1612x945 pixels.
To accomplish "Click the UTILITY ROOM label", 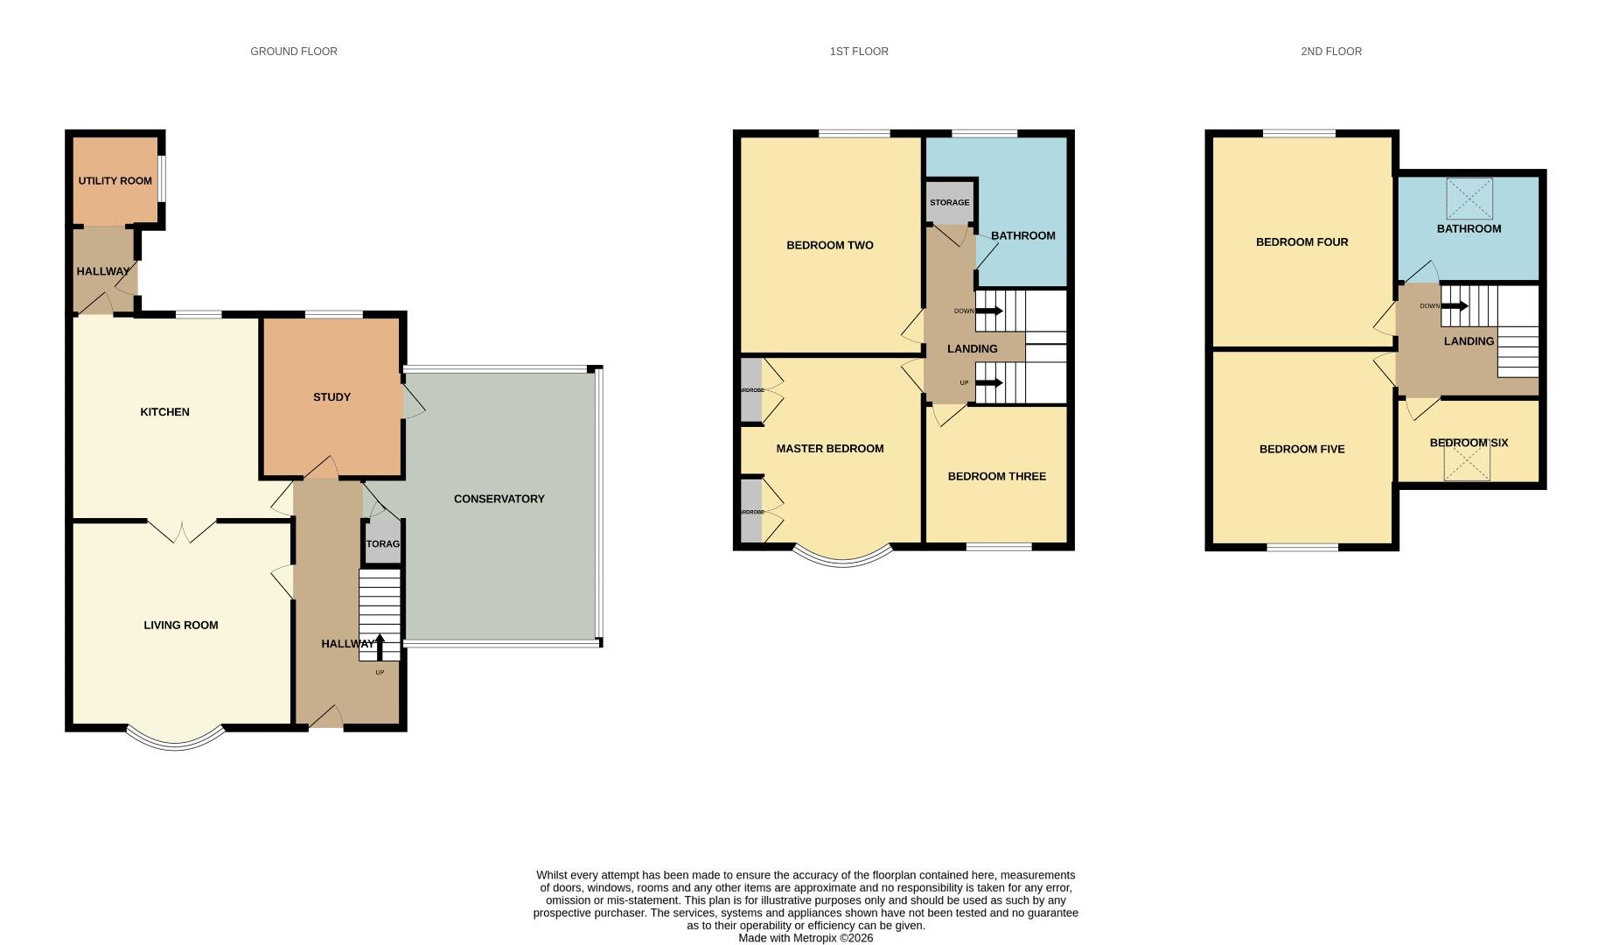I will click(115, 181).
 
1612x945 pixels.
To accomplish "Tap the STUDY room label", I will click(331, 397).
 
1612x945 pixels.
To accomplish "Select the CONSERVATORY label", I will click(499, 499).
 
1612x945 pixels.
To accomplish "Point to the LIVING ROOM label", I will click(180, 625).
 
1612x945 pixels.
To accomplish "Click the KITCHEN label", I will click(164, 412).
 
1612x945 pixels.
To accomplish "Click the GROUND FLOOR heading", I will click(294, 52).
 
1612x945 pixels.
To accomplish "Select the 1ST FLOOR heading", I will click(859, 52).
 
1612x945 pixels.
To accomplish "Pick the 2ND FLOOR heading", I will click(1330, 52).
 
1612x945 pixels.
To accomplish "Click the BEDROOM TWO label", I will click(829, 245).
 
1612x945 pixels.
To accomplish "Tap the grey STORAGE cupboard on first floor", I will click(949, 202).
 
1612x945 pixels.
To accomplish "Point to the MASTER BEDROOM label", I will click(829, 449).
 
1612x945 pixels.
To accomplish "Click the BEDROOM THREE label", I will click(996, 477).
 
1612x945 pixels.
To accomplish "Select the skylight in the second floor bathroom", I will click(1469, 199).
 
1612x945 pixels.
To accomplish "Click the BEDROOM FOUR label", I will click(1301, 242).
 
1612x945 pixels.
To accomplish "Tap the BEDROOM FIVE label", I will click(1301, 449).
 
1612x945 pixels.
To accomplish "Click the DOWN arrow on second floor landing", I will click(1454, 306).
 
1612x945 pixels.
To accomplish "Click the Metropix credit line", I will click(806, 938).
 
